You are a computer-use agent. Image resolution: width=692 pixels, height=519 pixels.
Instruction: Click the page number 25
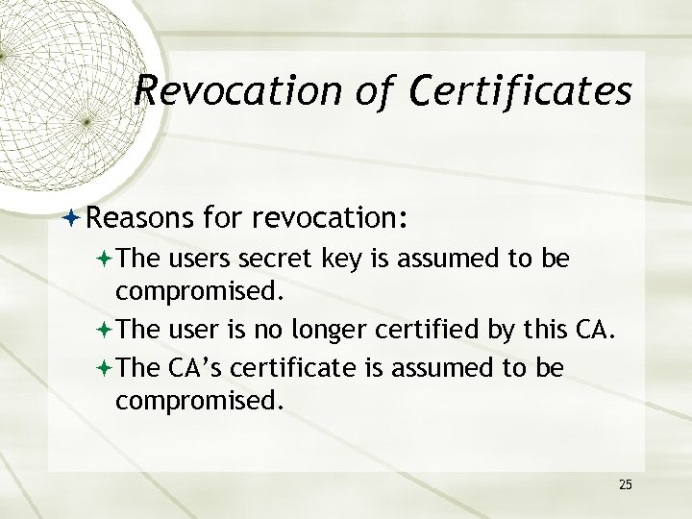point(625,483)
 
